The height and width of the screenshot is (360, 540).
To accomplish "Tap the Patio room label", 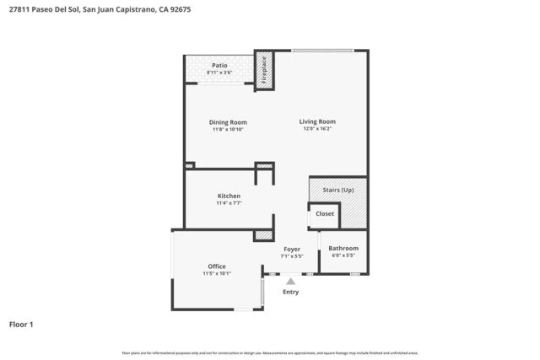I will click(x=219, y=65).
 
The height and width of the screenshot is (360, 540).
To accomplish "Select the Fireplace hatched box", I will click(x=262, y=71).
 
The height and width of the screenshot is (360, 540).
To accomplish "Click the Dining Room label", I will click(x=228, y=122).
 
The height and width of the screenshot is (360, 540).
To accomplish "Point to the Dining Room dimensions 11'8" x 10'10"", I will click(x=228, y=130).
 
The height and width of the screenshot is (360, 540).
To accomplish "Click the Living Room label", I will click(x=317, y=121).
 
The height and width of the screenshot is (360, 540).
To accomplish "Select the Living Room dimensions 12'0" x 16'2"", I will click(x=317, y=129).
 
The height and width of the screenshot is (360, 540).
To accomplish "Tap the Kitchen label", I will click(x=229, y=196).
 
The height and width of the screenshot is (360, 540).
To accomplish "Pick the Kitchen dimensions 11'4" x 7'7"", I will click(x=229, y=203).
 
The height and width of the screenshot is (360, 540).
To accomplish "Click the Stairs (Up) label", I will click(x=337, y=191).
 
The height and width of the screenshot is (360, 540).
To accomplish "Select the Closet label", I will click(x=325, y=214).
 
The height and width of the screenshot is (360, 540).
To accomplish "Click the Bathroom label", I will click(x=343, y=248).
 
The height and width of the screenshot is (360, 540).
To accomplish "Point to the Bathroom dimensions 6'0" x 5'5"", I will click(x=343, y=255).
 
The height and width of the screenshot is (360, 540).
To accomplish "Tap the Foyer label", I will click(x=291, y=249).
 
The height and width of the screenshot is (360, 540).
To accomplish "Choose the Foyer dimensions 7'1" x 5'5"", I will click(x=291, y=256).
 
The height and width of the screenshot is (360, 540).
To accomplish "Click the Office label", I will click(x=217, y=266).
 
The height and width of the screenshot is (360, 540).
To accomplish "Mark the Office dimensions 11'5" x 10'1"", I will click(x=217, y=274).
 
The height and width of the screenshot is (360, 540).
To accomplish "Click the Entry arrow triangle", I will click(x=291, y=282).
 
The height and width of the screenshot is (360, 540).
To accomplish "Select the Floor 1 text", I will click(x=21, y=324).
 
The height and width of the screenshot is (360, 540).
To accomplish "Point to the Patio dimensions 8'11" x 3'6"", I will click(x=219, y=73).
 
